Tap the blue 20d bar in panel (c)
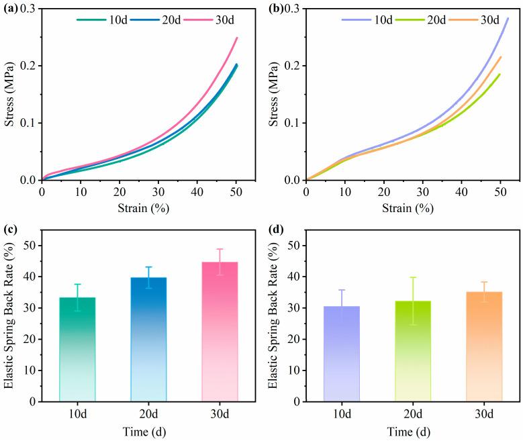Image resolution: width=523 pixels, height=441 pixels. (148, 339)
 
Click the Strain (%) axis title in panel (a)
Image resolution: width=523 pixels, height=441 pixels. (148, 209)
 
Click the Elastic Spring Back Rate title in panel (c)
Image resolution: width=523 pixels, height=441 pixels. (9, 315)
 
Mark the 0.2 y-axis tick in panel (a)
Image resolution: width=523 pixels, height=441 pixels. (26, 65)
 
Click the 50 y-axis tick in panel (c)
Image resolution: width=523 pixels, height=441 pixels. (30, 245)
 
